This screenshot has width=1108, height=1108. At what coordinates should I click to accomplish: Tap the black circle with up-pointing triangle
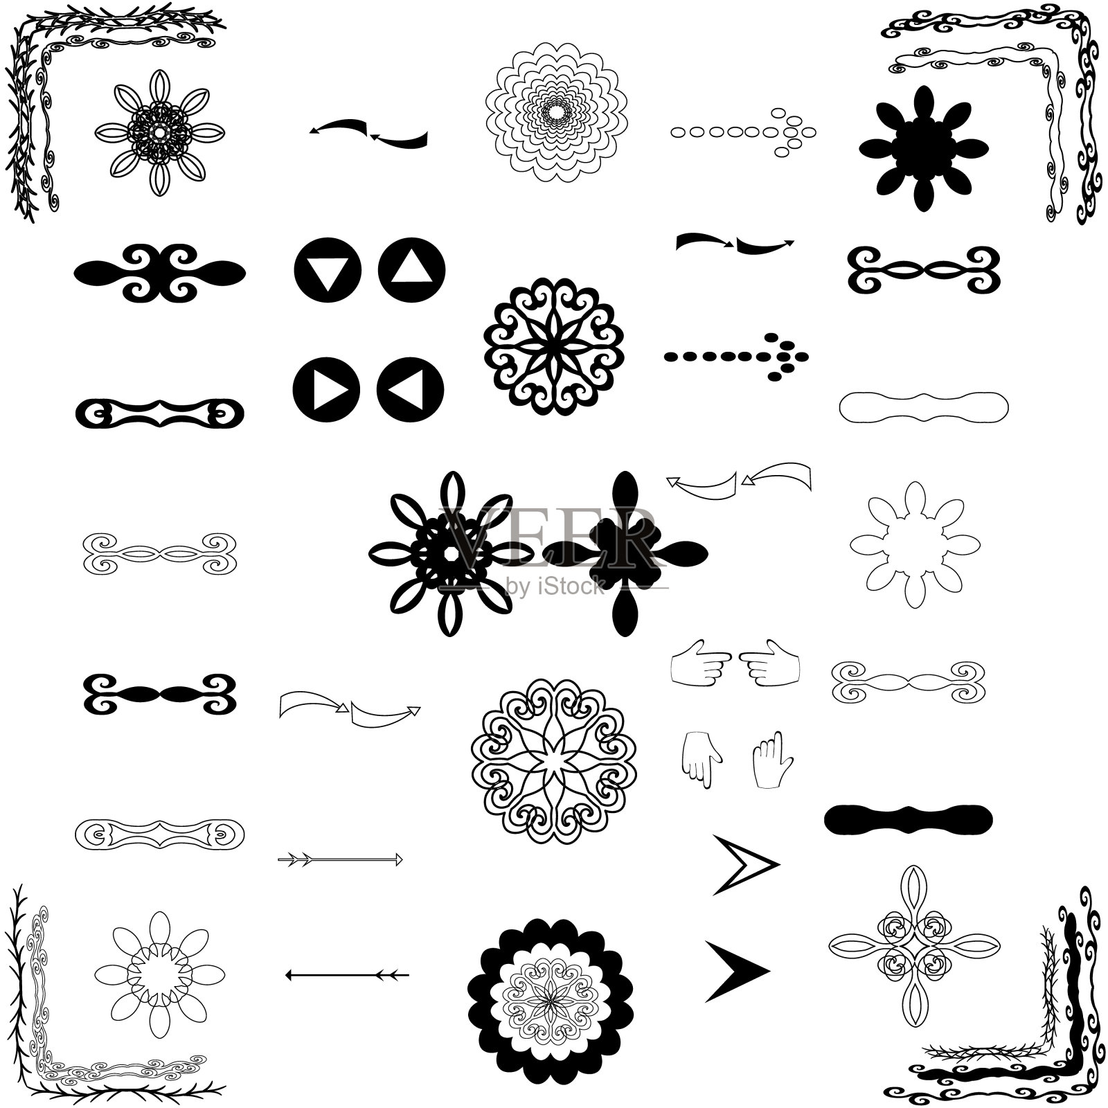[412, 271]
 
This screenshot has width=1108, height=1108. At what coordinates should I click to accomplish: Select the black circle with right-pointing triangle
[326, 389]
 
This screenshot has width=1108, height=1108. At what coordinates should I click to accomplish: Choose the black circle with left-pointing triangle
[410, 389]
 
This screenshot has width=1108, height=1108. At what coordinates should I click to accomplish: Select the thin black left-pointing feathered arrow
[347, 975]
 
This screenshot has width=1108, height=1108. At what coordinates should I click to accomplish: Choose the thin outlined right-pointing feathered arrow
[340, 860]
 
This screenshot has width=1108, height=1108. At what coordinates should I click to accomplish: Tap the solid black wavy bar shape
[908, 819]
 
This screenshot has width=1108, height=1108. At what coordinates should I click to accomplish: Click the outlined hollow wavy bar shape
[924, 406]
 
